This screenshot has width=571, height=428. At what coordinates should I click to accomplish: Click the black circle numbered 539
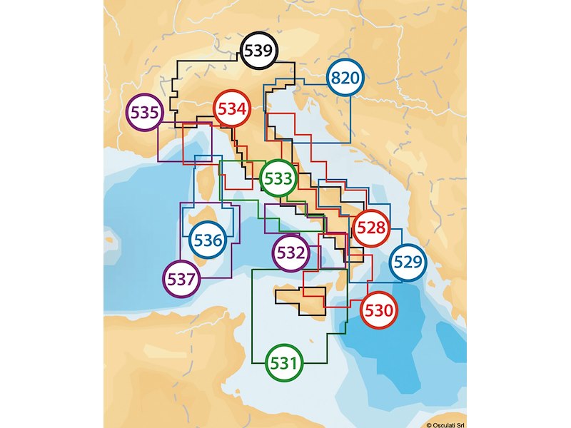(x=258, y=51)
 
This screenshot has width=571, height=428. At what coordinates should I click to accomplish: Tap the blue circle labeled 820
(x=345, y=79)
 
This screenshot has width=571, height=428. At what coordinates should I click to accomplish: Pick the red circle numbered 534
(x=233, y=110)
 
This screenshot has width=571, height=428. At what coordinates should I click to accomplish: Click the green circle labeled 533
(x=278, y=178)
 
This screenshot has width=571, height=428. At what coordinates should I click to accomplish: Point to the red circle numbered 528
(x=371, y=229)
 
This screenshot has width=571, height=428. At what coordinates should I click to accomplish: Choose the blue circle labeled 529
(x=408, y=263)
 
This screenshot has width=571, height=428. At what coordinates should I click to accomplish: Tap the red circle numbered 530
(x=378, y=311)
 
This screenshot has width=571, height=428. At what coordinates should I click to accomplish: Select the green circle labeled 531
(x=283, y=363)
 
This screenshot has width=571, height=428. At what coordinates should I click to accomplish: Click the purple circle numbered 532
(x=291, y=253)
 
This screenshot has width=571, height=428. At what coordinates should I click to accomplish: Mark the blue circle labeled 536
(x=208, y=240)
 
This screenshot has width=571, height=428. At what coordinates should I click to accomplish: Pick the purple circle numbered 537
(x=181, y=279)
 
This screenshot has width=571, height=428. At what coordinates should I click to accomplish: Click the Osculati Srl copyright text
(x=446, y=424)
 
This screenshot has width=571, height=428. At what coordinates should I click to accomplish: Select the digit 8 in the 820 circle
(x=335, y=79)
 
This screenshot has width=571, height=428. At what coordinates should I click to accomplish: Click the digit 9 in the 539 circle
(x=267, y=51)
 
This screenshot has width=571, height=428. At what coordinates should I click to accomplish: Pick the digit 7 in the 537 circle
(x=191, y=279)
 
